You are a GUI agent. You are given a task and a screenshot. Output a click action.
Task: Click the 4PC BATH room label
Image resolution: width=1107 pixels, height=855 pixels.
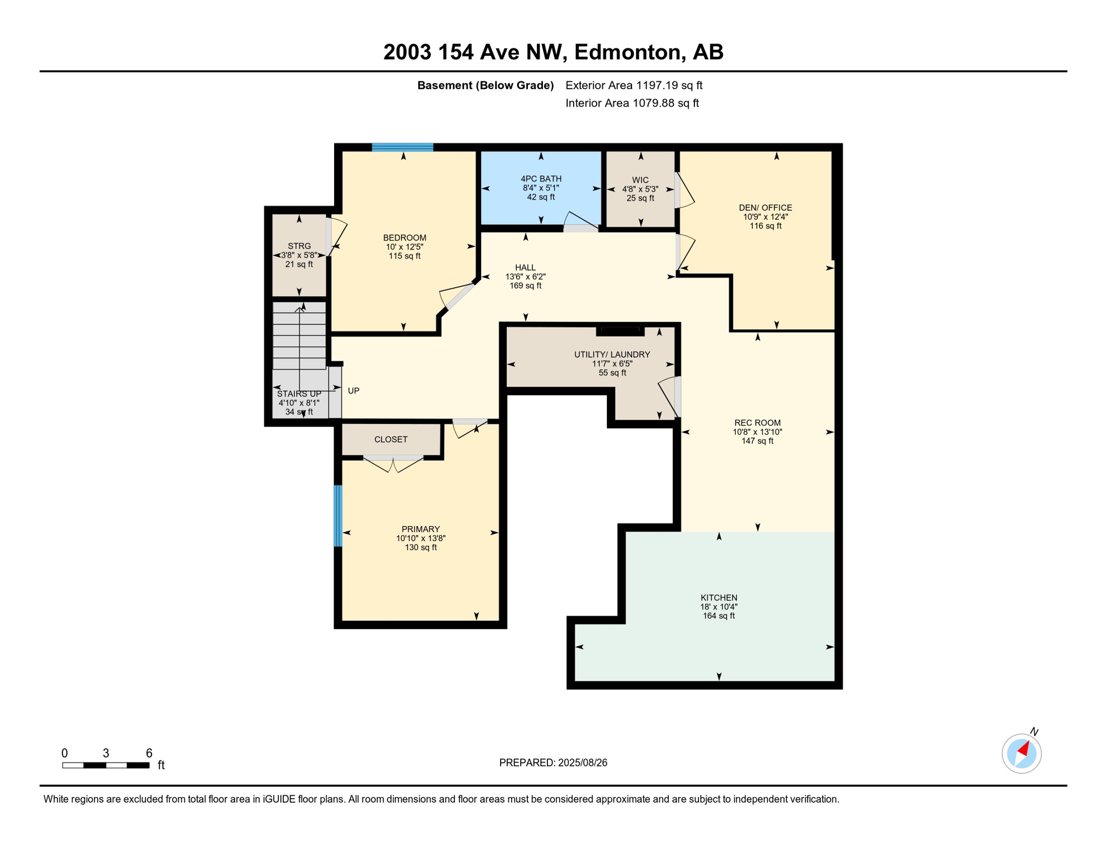pyautogui.click(x=541, y=179)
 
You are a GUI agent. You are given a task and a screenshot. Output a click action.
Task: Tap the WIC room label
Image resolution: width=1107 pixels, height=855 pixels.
pyautogui.click(x=640, y=180)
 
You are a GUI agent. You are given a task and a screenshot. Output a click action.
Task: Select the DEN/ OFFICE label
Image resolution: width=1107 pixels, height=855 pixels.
pyautogui.click(x=765, y=208)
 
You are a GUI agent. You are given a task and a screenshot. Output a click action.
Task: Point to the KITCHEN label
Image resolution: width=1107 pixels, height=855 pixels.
pyautogui.click(x=719, y=598)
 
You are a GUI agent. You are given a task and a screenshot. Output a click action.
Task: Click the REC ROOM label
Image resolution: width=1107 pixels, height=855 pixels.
pyautogui.click(x=757, y=423)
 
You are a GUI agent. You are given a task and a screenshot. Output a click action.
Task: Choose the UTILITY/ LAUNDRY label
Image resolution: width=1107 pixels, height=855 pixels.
pyautogui.click(x=612, y=355)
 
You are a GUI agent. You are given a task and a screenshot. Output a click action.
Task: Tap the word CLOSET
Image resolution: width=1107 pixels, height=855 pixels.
pyautogui.click(x=391, y=440)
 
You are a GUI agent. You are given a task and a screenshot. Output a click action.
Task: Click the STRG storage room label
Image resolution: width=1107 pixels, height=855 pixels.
pyautogui.click(x=299, y=246)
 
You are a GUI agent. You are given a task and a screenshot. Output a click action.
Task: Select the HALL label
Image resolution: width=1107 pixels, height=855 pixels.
pyautogui.click(x=525, y=268)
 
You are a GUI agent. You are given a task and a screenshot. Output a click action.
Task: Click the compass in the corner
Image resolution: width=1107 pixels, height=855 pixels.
pyautogui.click(x=1021, y=754)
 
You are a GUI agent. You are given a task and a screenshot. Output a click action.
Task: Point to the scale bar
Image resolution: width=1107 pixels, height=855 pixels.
pyautogui.click(x=106, y=765)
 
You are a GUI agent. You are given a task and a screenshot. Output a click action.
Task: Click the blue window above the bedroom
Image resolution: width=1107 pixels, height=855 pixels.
pyautogui.click(x=403, y=148)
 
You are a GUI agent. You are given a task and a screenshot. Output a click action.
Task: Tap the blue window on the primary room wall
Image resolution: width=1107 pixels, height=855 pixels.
pyautogui.click(x=338, y=515)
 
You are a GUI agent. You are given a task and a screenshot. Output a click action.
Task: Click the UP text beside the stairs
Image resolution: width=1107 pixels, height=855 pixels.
pyautogui.click(x=354, y=391)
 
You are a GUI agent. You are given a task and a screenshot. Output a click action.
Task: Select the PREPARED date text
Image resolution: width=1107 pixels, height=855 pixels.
pyautogui.click(x=553, y=763)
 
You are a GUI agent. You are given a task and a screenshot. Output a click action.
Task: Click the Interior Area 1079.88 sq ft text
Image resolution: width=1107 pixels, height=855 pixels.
pyautogui.click(x=632, y=103)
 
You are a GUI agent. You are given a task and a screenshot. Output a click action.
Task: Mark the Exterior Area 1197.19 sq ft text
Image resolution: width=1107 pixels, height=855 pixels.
pyautogui.click(x=634, y=85)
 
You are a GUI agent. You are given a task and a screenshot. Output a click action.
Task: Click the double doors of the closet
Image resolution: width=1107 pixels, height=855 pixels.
pyautogui.click(x=393, y=462)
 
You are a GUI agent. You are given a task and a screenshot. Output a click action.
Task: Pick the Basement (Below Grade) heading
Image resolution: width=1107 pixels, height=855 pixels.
pyautogui.click(x=486, y=85)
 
